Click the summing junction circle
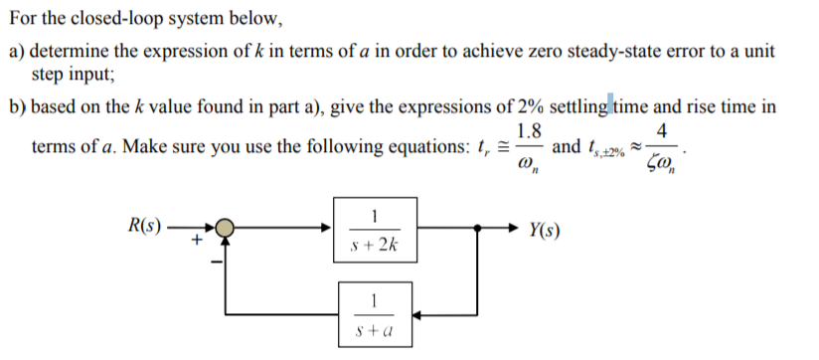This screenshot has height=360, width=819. click(x=228, y=228)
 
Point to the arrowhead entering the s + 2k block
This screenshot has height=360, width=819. click(x=333, y=228)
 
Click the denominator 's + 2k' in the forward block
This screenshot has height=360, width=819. click(x=373, y=244)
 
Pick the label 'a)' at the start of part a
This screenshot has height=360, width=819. click(x=18, y=50)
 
